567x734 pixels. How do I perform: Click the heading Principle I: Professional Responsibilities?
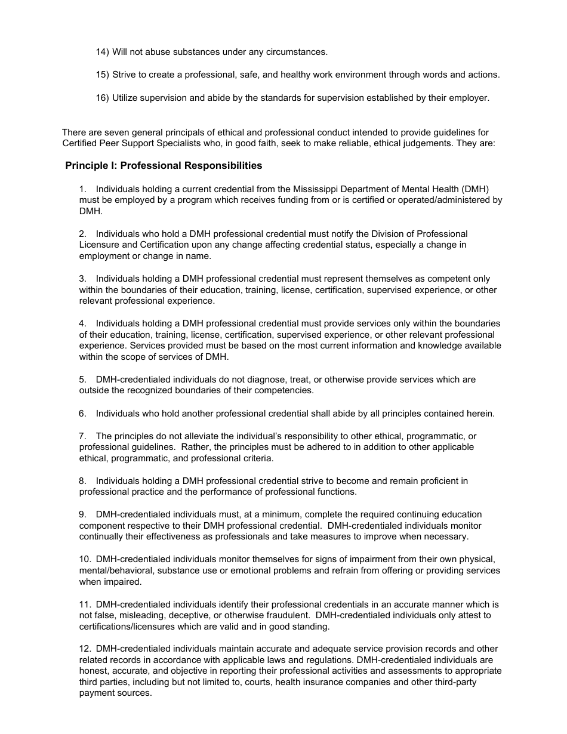coord(164,165)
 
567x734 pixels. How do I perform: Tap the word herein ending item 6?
coord(479,413)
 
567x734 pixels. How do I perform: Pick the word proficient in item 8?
coord(442,480)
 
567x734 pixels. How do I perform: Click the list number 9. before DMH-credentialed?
coord(83,514)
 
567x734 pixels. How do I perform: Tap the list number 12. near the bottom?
coord(85,648)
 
